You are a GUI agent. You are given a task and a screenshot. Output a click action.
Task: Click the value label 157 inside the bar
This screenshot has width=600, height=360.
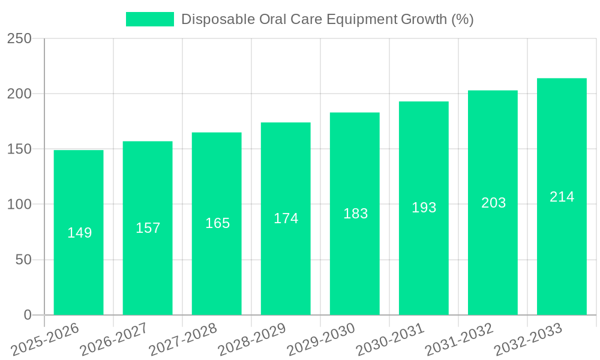(148, 228)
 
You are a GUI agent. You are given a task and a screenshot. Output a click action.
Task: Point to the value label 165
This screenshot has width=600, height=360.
(217, 223)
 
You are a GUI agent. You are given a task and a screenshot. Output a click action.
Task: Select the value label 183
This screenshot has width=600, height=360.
(355, 214)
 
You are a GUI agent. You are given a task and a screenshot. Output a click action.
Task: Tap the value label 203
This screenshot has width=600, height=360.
(493, 203)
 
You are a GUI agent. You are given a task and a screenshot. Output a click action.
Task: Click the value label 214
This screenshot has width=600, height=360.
(562, 197)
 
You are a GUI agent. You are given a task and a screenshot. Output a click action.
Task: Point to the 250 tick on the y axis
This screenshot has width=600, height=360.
(19, 38)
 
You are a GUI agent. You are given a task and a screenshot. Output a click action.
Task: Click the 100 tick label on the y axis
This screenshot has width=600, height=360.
(19, 205)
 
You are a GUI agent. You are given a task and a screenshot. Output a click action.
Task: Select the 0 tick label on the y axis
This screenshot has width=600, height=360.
(27, 315)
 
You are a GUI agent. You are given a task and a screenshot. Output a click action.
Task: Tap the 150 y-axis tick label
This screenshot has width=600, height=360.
(19, 149)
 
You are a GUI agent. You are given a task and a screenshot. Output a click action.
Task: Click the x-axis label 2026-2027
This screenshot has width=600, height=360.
(114, 340)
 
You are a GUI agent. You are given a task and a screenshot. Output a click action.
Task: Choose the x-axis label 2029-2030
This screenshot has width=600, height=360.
(321, 340)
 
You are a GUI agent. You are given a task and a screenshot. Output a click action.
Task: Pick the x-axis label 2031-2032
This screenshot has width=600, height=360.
(459, 340)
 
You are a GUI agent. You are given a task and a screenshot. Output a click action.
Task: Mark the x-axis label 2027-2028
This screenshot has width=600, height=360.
(183, 340)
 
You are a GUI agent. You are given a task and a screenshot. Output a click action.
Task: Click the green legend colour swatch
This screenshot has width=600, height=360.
(149, 19)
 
